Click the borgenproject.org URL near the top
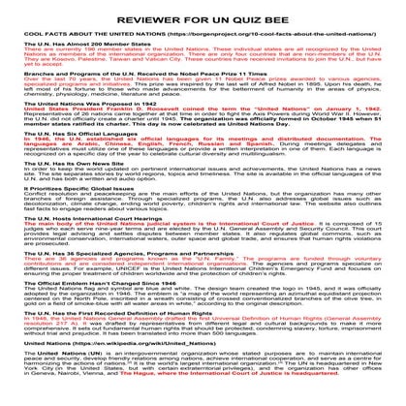pos(251,30)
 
